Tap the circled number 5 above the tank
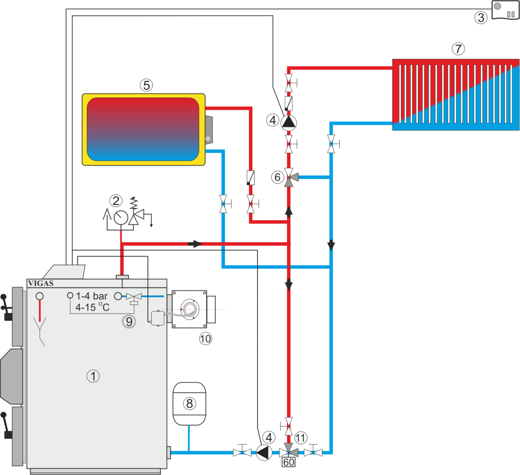(x=146, y=85)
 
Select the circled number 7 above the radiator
(x=458, y=49)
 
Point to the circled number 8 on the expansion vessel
(x=189, y=403)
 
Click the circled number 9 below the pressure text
(x=129, y=321)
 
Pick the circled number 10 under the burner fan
(x=205, y=338)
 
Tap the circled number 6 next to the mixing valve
(x=277, y=177)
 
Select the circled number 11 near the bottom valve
(x=301, y=437)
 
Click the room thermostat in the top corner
(x=505, y=10)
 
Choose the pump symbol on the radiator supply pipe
(x=289, y=122)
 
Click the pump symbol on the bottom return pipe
(x=264, y=452)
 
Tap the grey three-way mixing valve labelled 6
(x=289, y=178)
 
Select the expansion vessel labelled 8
(x=189, y=403)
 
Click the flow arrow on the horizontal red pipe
(x=194, y=244)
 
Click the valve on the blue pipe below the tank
(x=223, y=204)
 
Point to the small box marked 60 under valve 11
(x=289, y=462)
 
